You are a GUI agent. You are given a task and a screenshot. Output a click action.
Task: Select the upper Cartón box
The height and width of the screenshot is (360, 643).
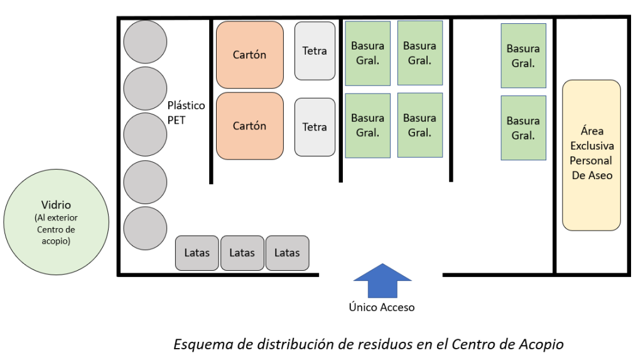(249, 55)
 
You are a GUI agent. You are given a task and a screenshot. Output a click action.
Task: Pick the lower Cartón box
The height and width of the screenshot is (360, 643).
(249, 126)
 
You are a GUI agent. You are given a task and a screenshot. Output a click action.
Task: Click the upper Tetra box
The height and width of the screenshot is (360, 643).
(315, 51)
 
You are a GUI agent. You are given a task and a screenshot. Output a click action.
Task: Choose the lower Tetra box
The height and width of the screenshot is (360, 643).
(315, 127)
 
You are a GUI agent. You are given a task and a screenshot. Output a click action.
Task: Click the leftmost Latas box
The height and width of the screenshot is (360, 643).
(197, 253)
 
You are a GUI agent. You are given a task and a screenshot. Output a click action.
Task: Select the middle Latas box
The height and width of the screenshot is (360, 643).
(242, 253)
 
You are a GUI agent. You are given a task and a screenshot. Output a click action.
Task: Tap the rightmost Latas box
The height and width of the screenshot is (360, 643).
(287, 253)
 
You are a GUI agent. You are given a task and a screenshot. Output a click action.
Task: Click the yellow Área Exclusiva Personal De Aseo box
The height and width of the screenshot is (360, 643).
(591, 155)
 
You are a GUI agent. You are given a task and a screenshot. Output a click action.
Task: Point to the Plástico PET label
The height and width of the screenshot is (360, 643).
(186, 112)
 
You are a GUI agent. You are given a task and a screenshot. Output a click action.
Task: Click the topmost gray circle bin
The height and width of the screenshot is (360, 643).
(145, 41)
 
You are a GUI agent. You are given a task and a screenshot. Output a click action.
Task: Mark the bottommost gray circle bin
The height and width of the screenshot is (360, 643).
(145, 229)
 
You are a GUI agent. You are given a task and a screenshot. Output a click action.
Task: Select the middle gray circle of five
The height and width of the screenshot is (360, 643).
(145, 135)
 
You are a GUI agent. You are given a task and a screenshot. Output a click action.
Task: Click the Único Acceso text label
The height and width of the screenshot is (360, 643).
(382, 307)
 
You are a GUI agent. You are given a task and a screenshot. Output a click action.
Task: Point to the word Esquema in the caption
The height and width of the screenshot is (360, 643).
(196, 344)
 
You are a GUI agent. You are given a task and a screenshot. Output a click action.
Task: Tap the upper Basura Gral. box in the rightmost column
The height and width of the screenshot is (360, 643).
(523, 55)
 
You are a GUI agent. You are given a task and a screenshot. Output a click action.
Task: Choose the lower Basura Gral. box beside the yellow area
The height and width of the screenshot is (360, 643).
(523, 128)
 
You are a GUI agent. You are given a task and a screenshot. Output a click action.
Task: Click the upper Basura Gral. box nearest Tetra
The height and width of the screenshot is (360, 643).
(367, 53)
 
